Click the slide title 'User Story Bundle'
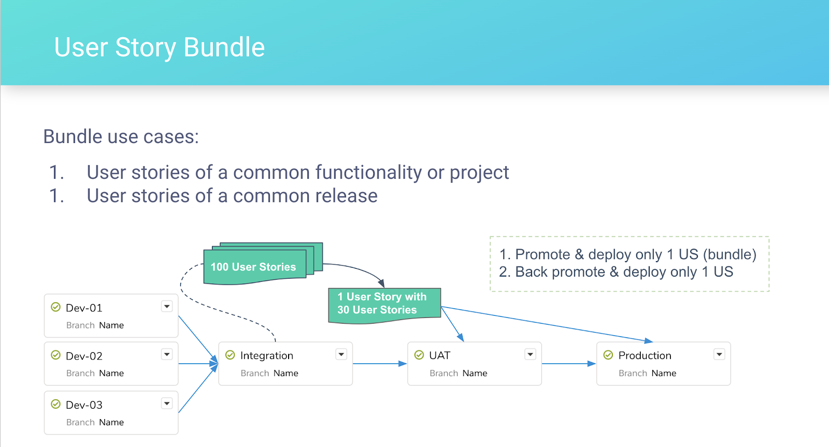click(x=160, y=47)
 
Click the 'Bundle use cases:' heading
click(x=121, y=137)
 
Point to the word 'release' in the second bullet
click(x=347, y=195)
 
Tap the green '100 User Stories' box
click(x=255, y=267)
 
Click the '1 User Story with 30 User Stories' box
click(x=384, y=305)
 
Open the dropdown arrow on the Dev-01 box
click(x=167, y=307)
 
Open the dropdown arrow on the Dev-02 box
click(x=167, y=354)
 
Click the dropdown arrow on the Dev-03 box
click(x=167, y=403)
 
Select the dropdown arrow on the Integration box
click(x=341, y=354)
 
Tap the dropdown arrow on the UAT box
click(x=531, y=354)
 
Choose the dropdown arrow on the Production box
click(x=719, y=354)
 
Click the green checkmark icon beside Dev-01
click(x=55, y=307)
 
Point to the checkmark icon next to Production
click(x=608, y=355)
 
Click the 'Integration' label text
click(x=266, y=356)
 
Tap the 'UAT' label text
click(x=440, y=355)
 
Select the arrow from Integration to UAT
click(x=380, y=364)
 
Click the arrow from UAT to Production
click(x=569, y=364)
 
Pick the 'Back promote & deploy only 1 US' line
click(x=616, y=272)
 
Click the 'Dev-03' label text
click(x=84, y=405)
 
